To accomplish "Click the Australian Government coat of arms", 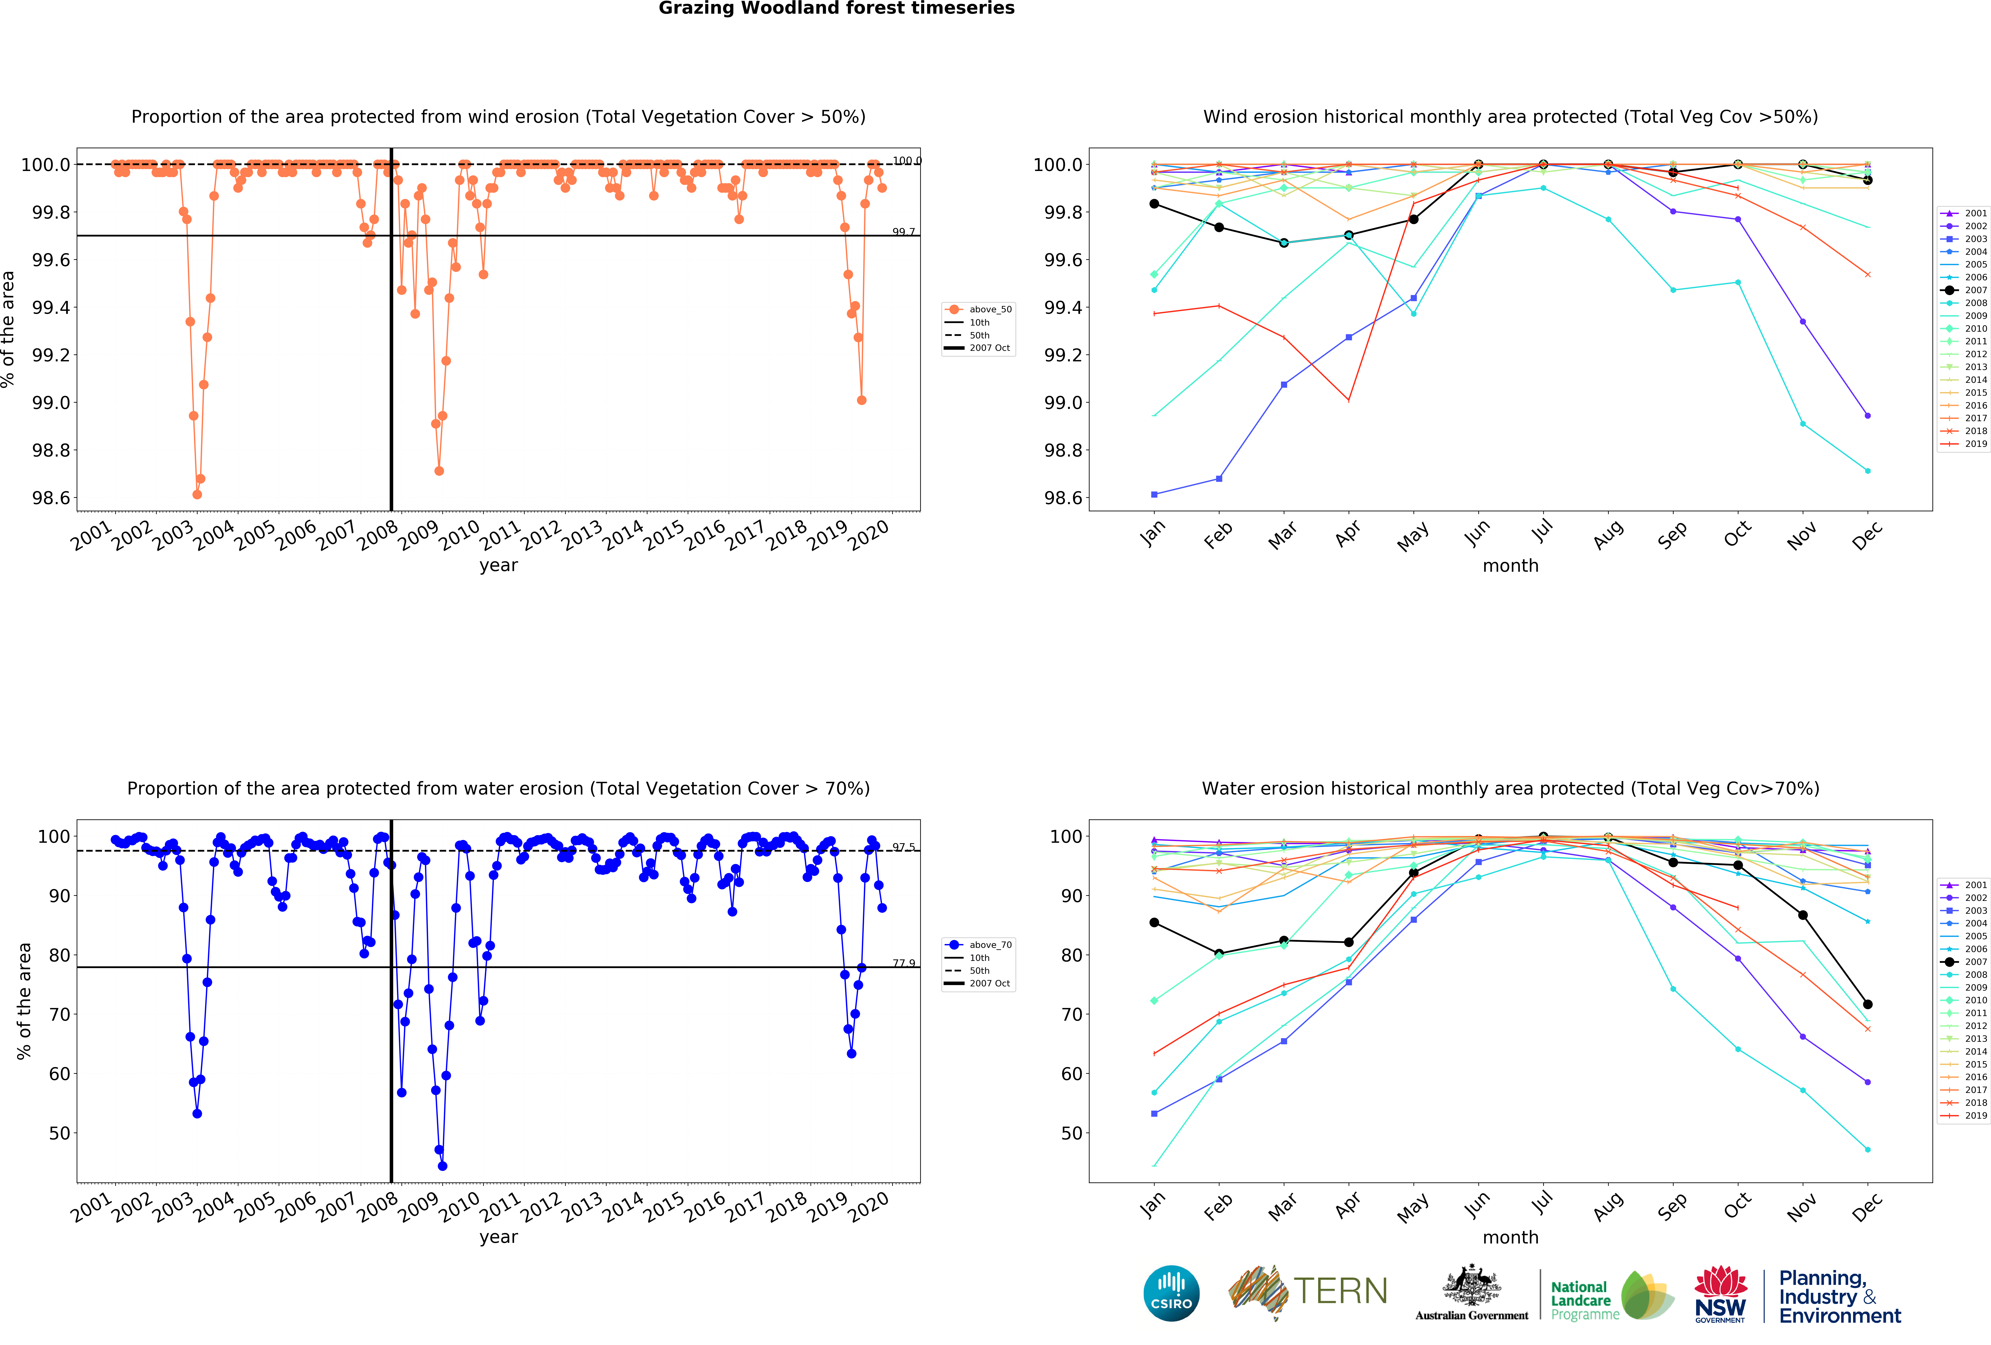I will [1471, 1285].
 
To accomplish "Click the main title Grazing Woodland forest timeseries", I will [836, 9].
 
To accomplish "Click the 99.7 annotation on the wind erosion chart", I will [903, 232].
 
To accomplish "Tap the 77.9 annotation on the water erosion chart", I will [903, 963].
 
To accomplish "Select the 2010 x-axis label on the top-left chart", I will [460, 536].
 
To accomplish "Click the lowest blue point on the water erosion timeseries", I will [442, 1166].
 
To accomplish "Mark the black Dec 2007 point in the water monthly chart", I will [1868, 1004].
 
